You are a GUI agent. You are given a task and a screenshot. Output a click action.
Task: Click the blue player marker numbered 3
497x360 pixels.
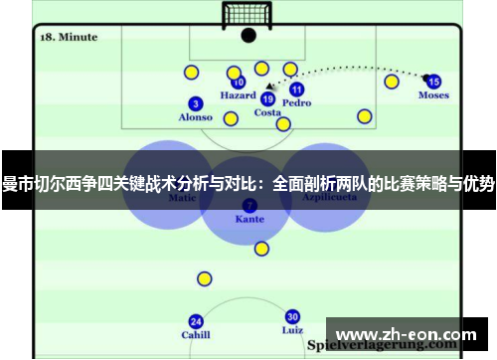click(x=196, y=103)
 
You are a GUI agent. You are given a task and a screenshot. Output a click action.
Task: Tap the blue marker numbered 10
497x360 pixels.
click(x=239, y=84)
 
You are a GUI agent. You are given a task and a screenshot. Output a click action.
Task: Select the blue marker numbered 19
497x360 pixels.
click(x=267, y=98)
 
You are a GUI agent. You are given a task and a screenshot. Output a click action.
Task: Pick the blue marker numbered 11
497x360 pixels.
click(x=296, y=90)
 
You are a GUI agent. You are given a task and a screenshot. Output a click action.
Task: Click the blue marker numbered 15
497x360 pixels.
click(x=433, y=82)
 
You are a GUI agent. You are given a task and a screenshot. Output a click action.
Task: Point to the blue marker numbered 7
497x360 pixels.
click(x=248, y=205)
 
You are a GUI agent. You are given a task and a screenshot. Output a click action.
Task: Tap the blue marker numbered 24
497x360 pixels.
click(x=196, y=321)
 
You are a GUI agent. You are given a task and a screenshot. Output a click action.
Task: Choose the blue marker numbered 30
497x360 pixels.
click(x=292, y=316)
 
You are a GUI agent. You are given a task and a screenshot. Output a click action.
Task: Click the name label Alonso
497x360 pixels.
click(x=195, y=117)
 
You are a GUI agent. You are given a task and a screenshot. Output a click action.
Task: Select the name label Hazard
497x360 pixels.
click(x=239, y=96)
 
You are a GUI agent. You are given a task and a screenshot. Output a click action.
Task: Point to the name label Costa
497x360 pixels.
click(x=267, y=112)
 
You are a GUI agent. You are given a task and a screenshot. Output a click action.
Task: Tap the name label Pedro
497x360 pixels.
click(x=296, y=102)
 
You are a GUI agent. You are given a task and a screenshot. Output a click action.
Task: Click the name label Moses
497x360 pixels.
click(x=433, y=95)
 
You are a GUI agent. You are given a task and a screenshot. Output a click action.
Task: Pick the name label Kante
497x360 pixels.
click(x=248, y=218)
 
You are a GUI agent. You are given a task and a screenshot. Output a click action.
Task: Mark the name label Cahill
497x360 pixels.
click(x=196, y=335)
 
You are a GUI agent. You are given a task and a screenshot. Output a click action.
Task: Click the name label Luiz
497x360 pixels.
click(x=292, y=329)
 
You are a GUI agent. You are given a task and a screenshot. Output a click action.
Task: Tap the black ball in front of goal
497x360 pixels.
click(x=248, y=35)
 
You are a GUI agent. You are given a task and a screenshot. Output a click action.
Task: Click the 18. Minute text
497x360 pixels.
click(x=69, y=37)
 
